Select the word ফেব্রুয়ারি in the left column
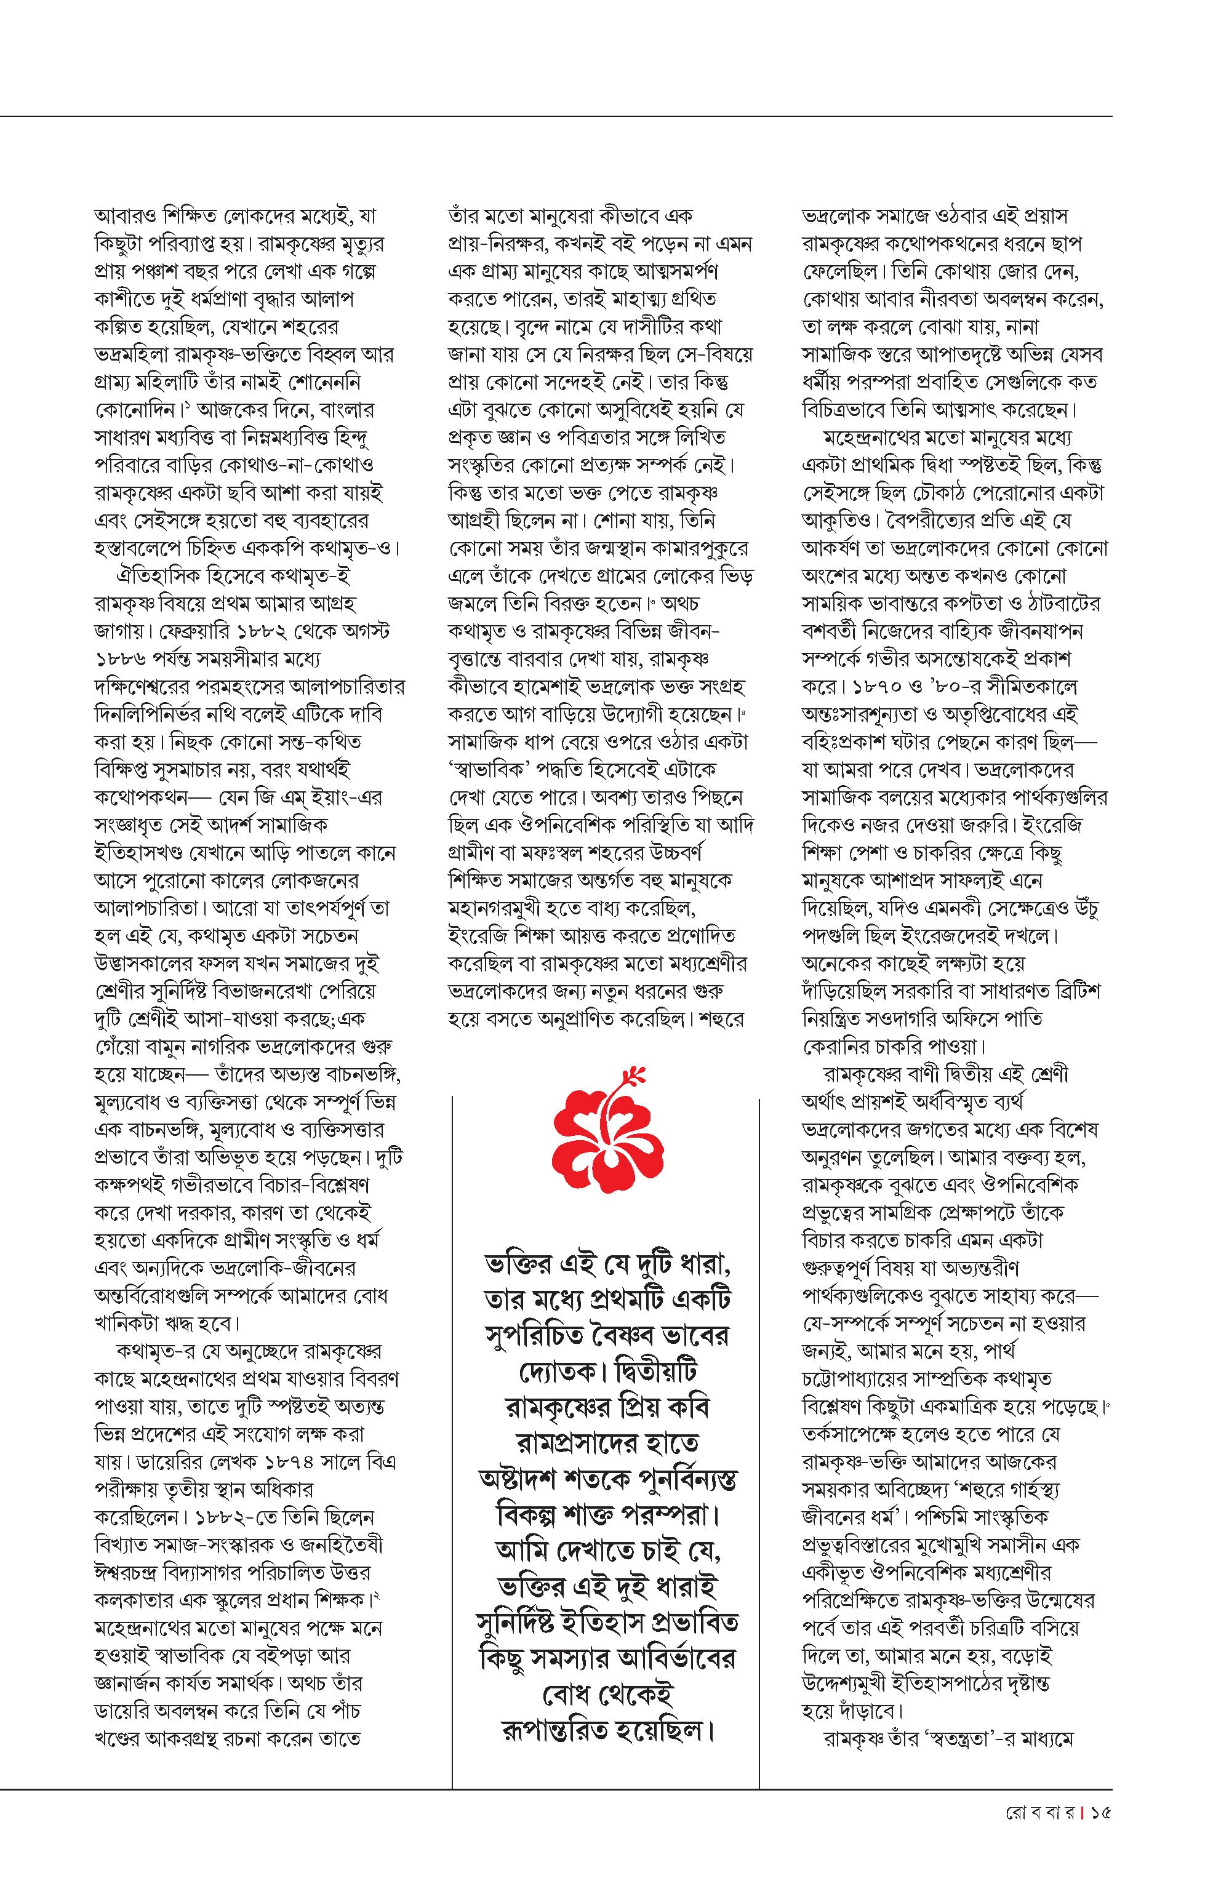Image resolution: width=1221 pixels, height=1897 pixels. tap(198, 633)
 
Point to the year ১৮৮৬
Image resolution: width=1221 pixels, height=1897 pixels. tap(121, 660)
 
